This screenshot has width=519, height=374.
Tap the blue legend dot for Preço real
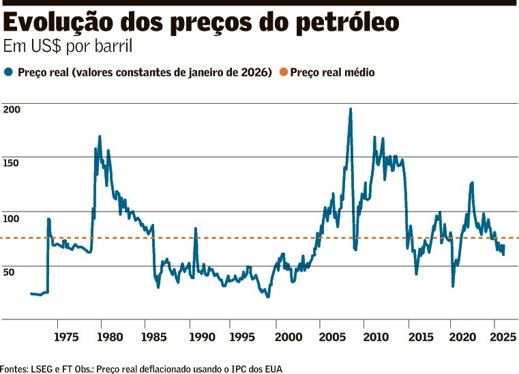8,72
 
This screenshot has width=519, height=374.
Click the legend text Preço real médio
332,72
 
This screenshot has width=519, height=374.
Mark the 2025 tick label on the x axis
501,336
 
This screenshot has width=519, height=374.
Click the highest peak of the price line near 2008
351,109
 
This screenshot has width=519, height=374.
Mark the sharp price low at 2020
453,285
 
